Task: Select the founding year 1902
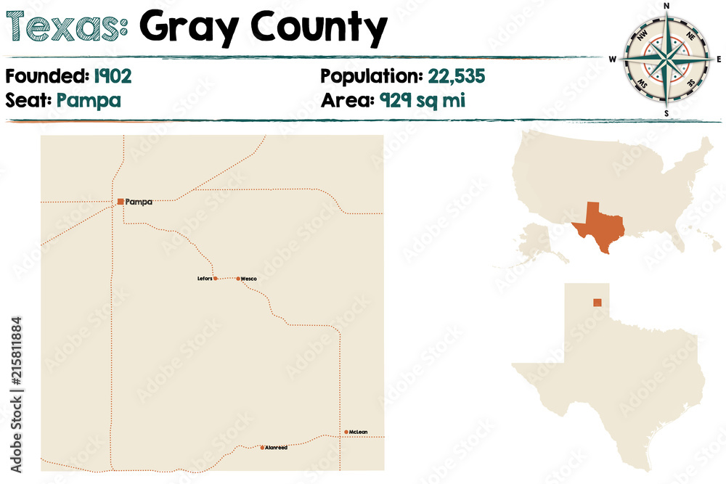[x=113, y=75]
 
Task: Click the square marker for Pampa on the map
[x=120, y=202]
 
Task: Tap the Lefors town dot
[x=214, y=278]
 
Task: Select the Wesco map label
[x=249, y=279]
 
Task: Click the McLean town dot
[x=346, y=432]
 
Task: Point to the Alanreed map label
[x=277, y=448]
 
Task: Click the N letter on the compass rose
[x=666, y=7]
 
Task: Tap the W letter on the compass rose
[x=612, y=60]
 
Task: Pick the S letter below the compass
[x=666, y=114]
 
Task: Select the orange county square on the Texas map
[x=597, y=303]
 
